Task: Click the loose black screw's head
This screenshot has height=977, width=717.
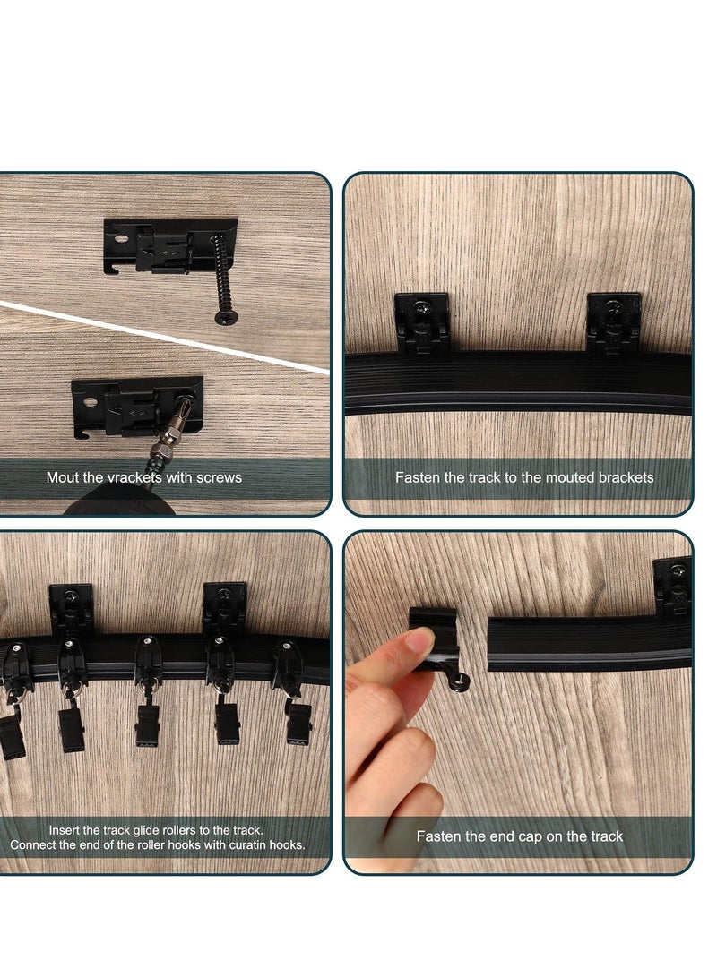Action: [x=220, y=315]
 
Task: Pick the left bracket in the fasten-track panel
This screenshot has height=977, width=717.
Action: [x=421, y=322]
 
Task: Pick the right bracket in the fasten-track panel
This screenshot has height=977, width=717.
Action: [x=613, y=322]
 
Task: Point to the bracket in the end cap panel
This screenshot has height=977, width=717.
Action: [x=672, y=587]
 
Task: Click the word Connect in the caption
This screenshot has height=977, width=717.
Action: [x=34, y=844]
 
